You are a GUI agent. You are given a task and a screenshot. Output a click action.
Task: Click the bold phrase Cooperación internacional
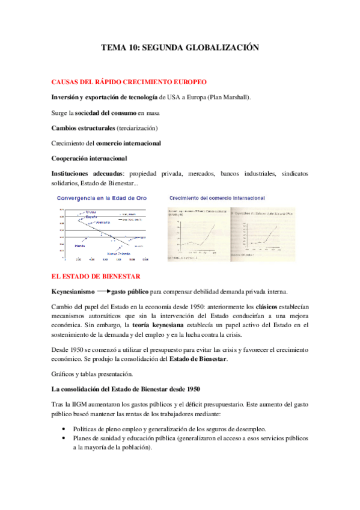(89, 159)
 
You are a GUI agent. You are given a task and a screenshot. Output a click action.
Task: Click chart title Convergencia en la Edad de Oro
(101, 198)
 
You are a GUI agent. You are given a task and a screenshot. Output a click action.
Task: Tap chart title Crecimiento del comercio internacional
(216, 198)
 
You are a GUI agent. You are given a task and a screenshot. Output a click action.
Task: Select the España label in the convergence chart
(91, 216)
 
